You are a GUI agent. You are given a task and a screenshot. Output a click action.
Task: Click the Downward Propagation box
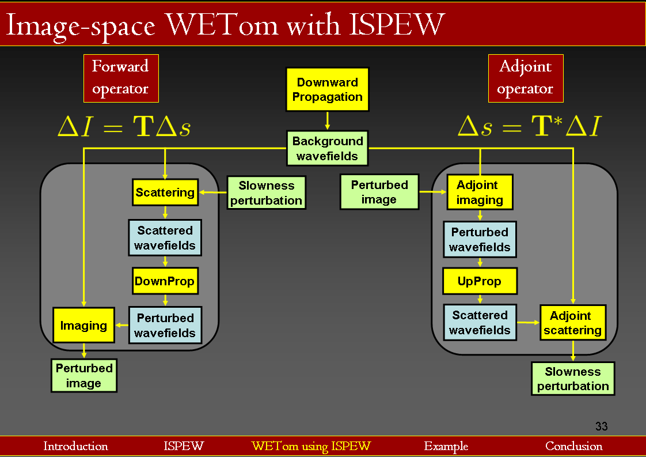pyautogui.click(x=327, y=89)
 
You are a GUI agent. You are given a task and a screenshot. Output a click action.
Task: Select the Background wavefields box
pyautogui.click(x=327, y=148)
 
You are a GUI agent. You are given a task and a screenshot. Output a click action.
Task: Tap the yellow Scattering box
pyautogui.click(x=165, y=192)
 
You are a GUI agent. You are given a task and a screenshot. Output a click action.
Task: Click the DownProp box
pyautogui.click(x=165, y=282)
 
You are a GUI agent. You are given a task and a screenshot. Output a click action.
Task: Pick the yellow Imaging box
pyautogui.click(x=83, y=326)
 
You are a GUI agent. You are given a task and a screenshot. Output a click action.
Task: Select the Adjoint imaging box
pyautogui.click(x=480, y=192)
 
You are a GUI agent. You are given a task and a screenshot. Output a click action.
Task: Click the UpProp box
pyautogui.click(x=480, y=281)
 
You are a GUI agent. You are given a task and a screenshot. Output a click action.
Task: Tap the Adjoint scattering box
pyautogui.click(x=572, y=323)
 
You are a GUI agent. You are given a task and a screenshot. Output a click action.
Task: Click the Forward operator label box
pyautogui.click(x=121, y=78)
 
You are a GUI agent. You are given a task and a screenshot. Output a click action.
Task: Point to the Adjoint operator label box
pyautogui.click(x=525, y=78)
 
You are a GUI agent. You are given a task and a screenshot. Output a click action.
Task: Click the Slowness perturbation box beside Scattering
pyautogui.click(x=266, y=192)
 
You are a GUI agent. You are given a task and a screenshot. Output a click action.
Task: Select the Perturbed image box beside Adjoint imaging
pyautogui.click(x=379, y=192)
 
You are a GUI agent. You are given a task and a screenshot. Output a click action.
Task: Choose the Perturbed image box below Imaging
pyautogui.click(x=84, y=375)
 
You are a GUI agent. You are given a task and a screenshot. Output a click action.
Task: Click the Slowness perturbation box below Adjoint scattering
pyautogui.click(x=573, y=379)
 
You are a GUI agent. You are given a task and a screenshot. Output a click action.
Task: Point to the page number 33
pyautogui.click(x=601, y=426)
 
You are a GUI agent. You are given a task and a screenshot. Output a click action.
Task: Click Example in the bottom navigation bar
pyautogui.click(x=446, y=446)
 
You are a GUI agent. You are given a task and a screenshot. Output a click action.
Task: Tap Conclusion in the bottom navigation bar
pyautogui.click(x=573, y=446)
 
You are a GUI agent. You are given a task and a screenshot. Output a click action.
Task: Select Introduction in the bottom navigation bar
pyautogui.click(x=75, y=446)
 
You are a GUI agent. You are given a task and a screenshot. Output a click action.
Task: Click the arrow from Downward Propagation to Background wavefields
pyautogui.click(x=327, y=120)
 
